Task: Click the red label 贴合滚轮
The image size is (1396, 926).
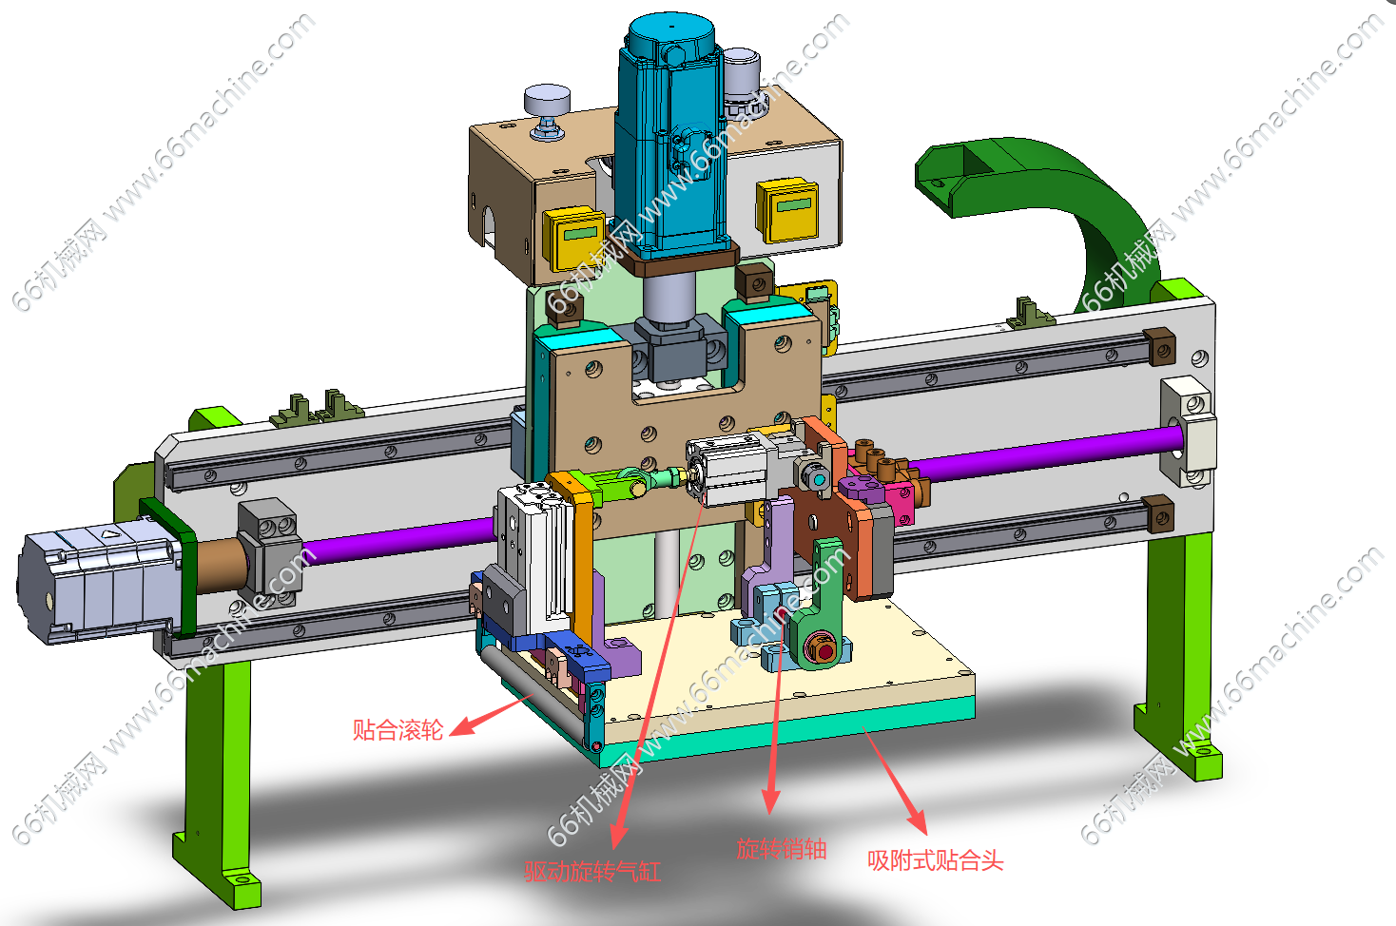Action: coord(397,730)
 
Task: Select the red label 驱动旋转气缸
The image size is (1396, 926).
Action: coord(592,871)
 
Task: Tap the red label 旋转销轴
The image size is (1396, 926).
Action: coord(782,849)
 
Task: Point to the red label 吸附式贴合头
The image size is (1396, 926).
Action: coord(936,860)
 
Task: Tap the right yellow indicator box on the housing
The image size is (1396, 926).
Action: coord(787,210)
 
